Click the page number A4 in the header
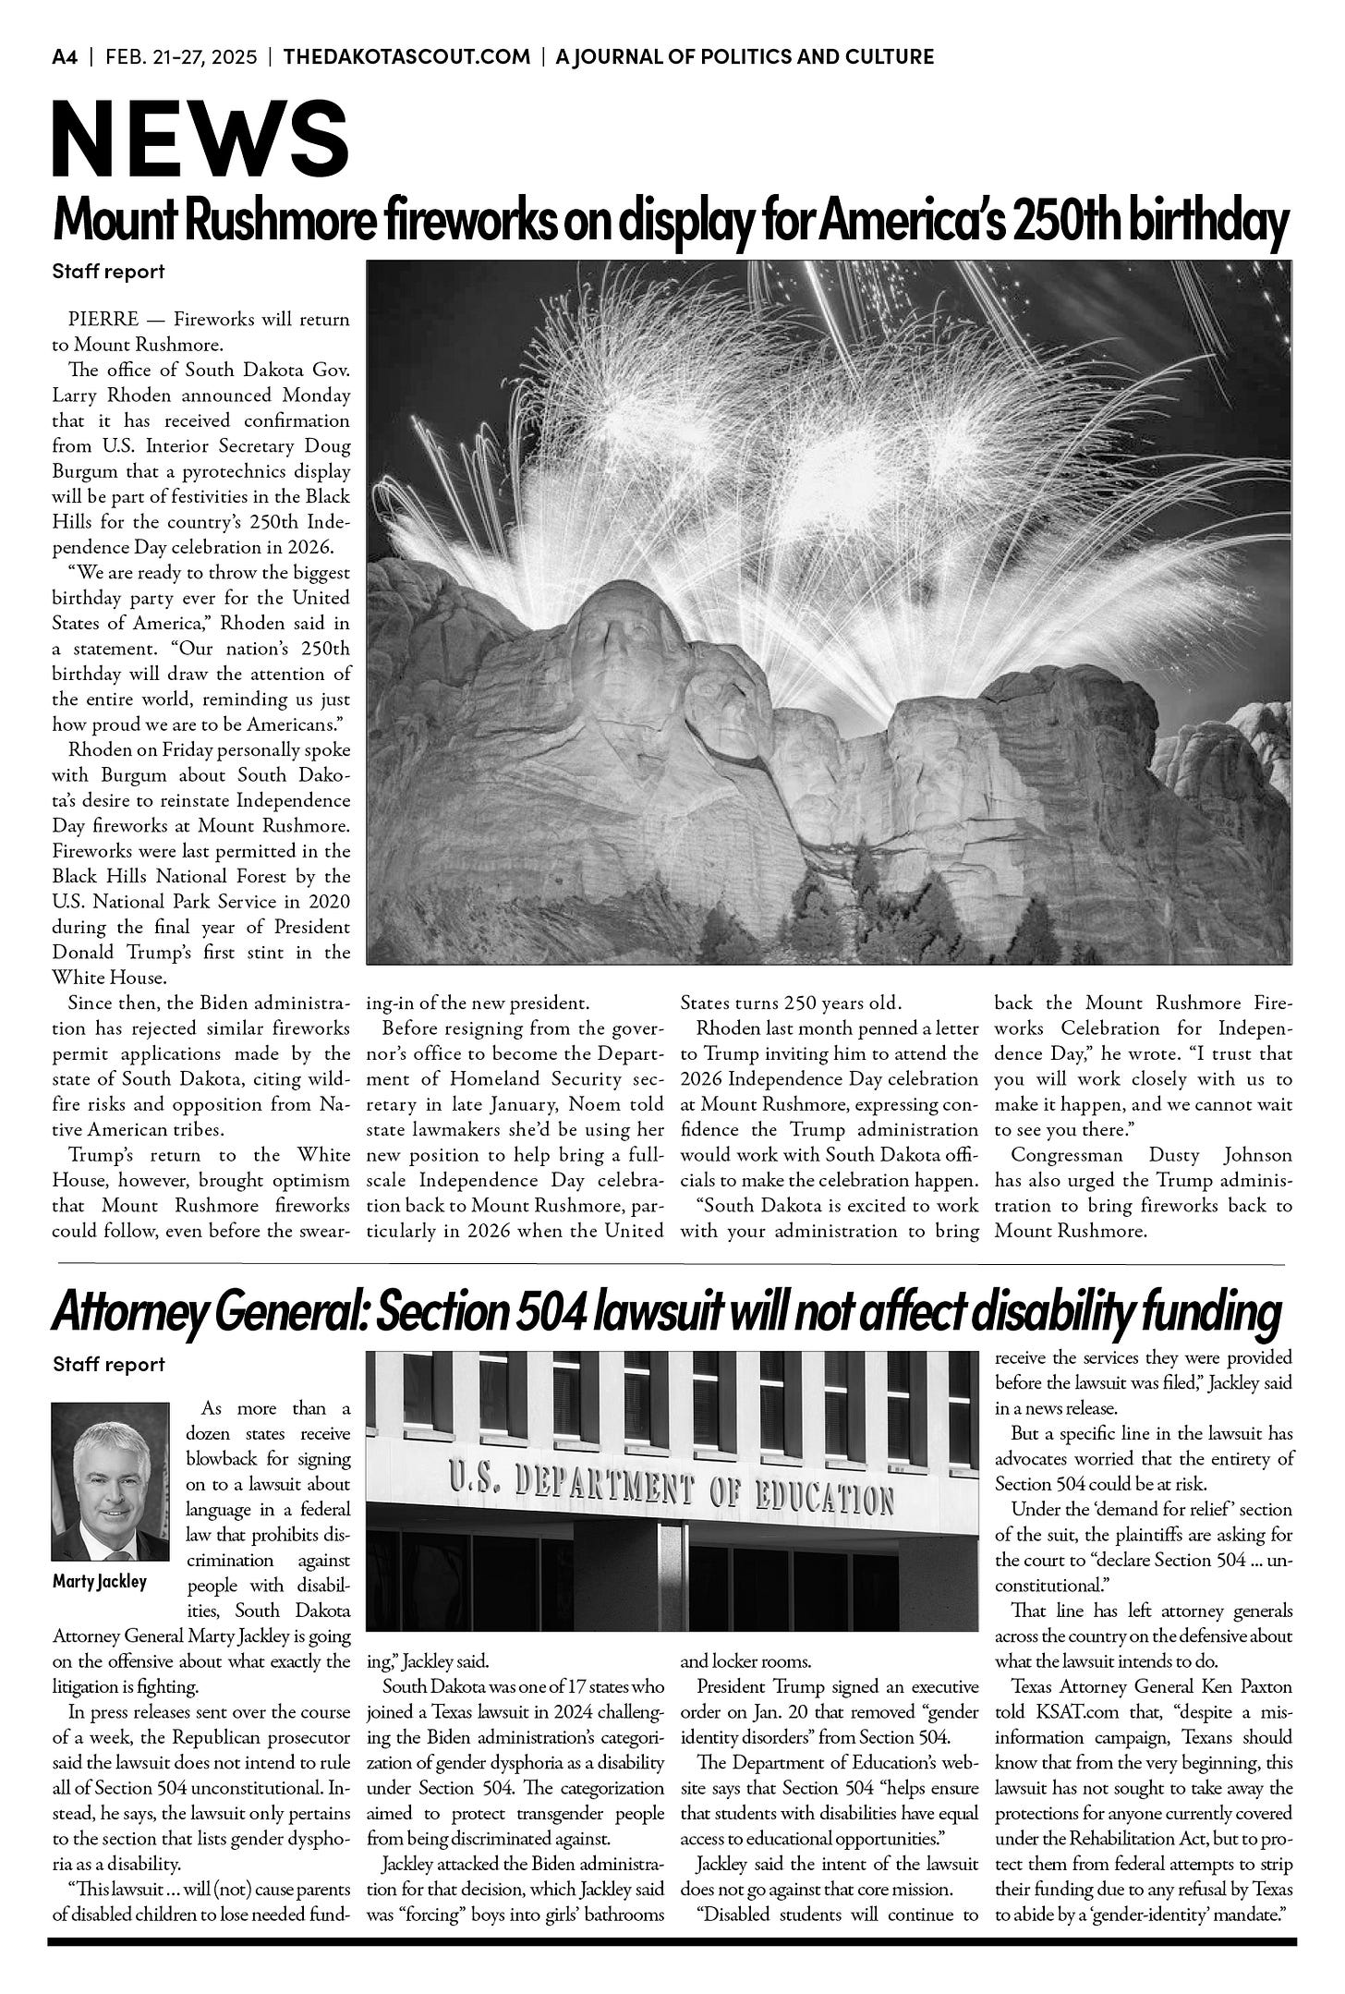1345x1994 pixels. coord(65,57)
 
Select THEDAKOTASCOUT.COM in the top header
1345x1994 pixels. coord(407,57)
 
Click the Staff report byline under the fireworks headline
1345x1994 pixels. coord(109,272)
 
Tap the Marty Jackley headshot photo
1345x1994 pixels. coord(110,1480)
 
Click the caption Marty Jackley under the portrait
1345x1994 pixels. coord(100,1581)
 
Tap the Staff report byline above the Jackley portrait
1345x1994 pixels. coord(109,1364)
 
